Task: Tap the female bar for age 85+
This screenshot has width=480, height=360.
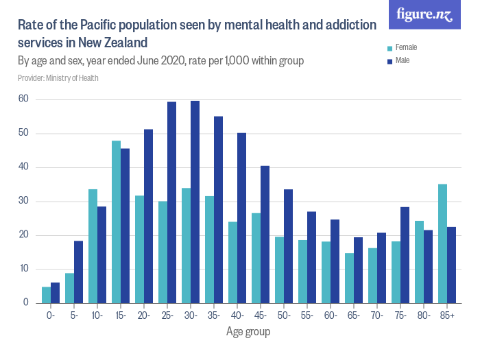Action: click(x=442, y=243)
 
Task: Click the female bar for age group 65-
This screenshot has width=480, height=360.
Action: click(x=349, y=278)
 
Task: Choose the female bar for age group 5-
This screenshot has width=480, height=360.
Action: click(x=69, y=288)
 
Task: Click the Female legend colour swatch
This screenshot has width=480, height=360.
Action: click(x=390, y=48)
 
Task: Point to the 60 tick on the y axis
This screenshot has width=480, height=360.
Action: click(x=23, y=99)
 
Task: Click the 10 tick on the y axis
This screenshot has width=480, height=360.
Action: click(x=23, y=269)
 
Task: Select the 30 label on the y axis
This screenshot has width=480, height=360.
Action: click(x=23, y=201)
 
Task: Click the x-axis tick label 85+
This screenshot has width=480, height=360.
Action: click(x=447, y=316)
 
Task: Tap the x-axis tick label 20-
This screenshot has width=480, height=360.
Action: click(x=144, y=316)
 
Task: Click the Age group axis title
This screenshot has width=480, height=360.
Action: click(x=248, y=332)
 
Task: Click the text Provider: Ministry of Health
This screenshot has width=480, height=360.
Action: click(x=58, y=78)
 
